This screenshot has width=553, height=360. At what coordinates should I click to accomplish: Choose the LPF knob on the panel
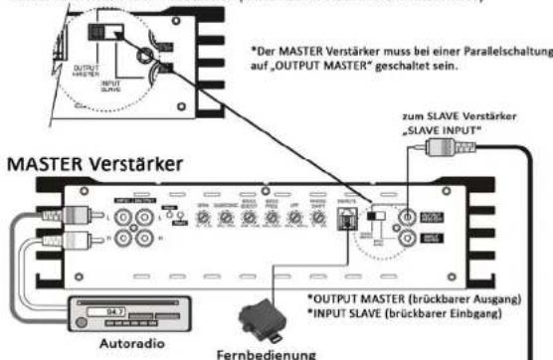[293, 217]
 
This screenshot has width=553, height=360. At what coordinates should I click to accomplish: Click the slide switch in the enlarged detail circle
[101, 32]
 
